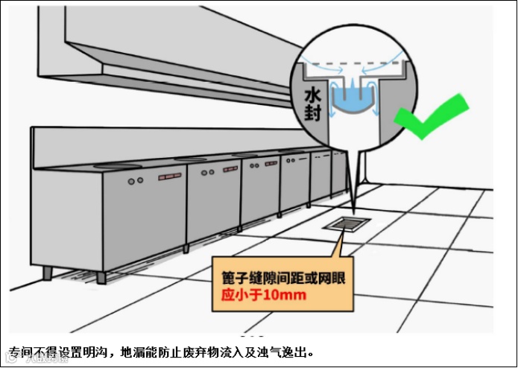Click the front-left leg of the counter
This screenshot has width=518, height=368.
point(48,273)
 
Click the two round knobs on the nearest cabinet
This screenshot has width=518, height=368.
point(136,181)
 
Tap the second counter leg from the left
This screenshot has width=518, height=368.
point(101,277)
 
